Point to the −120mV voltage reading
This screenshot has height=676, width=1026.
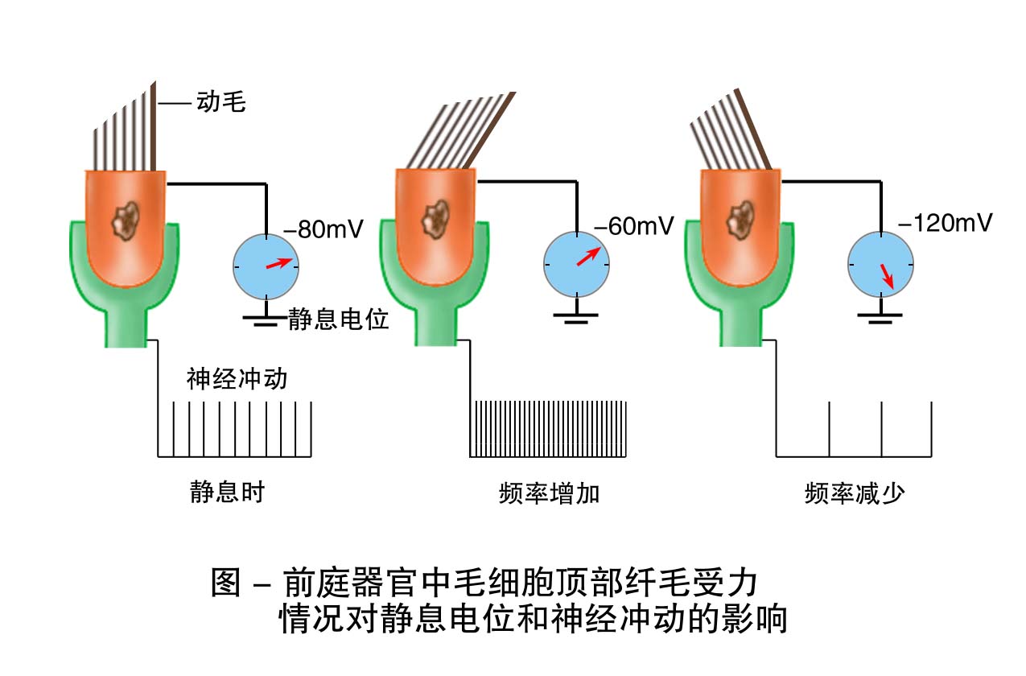(944, 223)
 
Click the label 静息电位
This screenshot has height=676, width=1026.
(339, 320)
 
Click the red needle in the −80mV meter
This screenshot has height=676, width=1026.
(280, 263)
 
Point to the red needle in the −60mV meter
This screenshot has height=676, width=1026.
(588, 257)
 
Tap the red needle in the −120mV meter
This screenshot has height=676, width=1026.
(886, 275)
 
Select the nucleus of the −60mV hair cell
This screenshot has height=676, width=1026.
(436, 216)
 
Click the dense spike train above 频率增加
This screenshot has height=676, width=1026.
(549, 428)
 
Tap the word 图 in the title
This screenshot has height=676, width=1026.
(227, 582)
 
